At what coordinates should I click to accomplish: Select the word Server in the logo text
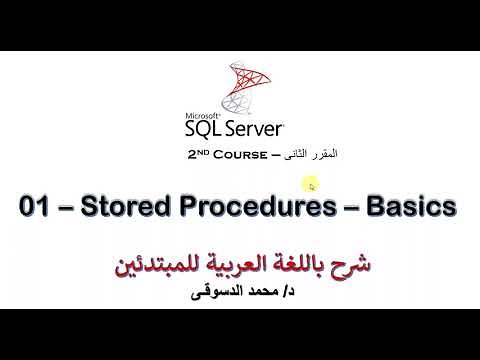coord(253,130)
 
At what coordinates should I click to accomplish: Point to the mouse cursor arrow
coord(312,185)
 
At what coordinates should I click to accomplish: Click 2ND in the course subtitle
coord(198,155)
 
